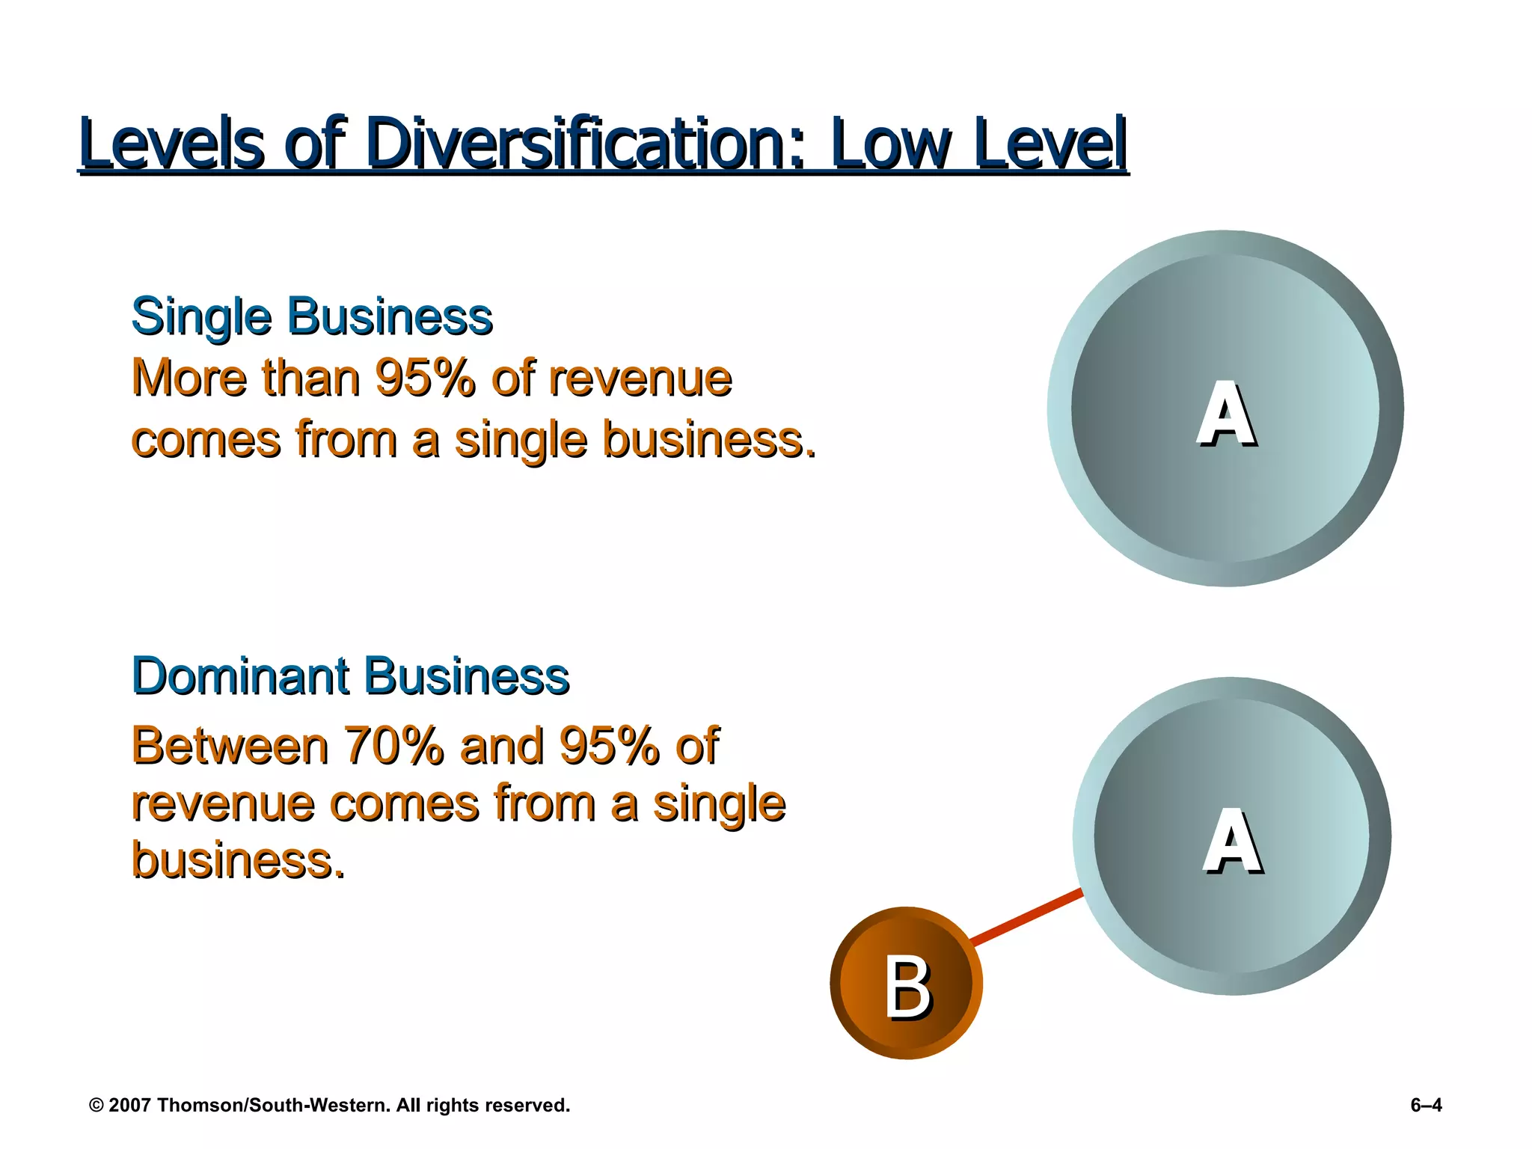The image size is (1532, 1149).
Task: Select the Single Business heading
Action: (312, 316)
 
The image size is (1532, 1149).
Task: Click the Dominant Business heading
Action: (350, 676)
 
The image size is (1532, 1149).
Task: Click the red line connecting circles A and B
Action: (1026, 917)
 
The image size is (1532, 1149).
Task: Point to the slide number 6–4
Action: (1426, 1105)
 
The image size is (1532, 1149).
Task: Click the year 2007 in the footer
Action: (130, 1106)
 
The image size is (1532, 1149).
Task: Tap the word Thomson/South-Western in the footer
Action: (274, 1106)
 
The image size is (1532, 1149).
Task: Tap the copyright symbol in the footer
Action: (96, 1106)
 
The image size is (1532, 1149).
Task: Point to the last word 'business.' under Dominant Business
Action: (238, 860)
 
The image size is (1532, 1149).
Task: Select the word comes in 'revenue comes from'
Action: (405, 803)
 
